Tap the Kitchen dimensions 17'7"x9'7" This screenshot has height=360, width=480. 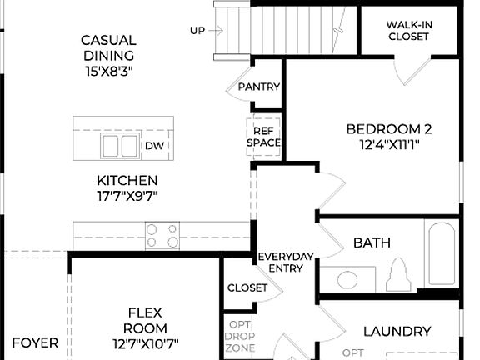click(127, 196)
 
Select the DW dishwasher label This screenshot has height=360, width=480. click(154, 146)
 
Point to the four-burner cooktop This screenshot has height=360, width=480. click(162, 235)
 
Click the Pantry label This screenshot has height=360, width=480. click(258, 87)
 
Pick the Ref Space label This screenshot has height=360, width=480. click(264, 137)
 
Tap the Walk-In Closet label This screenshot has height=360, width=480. click(408, 31)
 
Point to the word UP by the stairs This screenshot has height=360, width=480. click(197, 31)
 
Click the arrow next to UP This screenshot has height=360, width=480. click(215, 31)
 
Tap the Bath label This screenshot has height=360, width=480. click(372, 243)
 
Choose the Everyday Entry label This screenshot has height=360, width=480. click(285, 262)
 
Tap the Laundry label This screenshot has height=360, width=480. click(397, 331)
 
